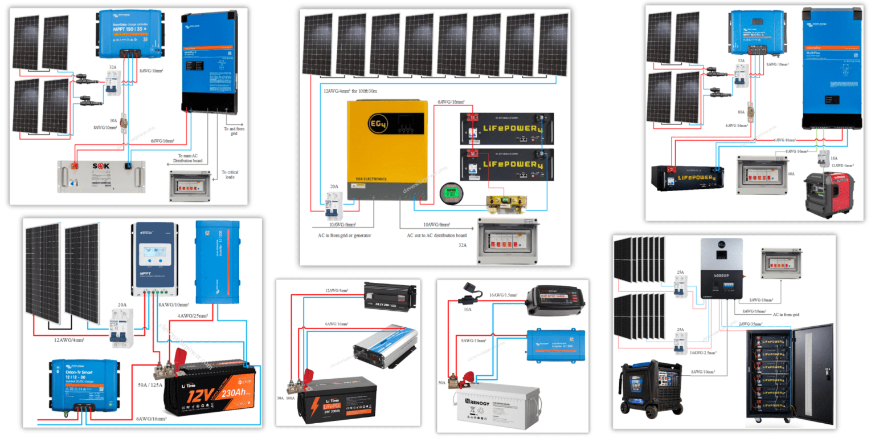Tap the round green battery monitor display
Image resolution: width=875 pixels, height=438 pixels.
[448, 193]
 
